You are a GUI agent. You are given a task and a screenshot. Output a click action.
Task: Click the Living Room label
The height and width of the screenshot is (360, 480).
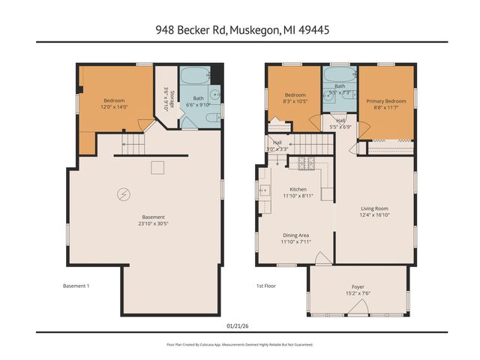click(x=374, y=208)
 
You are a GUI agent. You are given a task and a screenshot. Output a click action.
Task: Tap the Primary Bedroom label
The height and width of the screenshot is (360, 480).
click(x=386, y=100)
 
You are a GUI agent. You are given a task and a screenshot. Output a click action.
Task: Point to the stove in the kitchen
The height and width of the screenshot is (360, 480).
click(x=305, y=162)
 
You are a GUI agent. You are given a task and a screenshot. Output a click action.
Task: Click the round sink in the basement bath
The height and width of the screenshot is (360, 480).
click(x=214, y=95)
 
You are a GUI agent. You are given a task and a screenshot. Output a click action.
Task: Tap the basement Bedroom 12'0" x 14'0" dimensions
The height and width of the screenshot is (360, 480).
click(x=114, y=107)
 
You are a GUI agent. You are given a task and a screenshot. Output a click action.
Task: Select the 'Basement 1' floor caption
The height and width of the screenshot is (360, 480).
click(x=76, y=286)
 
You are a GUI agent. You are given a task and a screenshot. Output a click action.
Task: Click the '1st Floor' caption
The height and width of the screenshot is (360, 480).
click(x=265, y=286)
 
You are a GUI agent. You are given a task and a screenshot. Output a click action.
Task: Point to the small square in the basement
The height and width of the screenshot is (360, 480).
click(x=157, y=167)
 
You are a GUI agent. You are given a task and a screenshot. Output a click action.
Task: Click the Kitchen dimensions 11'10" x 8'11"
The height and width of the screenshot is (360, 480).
click(x=298, y=196)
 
